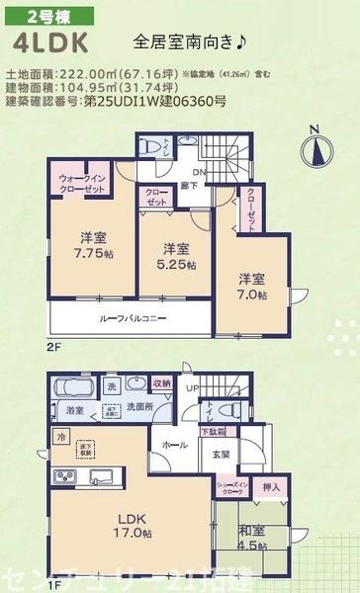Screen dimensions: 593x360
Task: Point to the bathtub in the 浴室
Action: pyautogui.click(x=71, y=387)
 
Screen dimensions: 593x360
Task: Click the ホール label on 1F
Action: pyautogui.click(x=174, y=446)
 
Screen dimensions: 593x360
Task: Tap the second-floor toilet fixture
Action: pyautogui.click(x=152, y=145)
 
